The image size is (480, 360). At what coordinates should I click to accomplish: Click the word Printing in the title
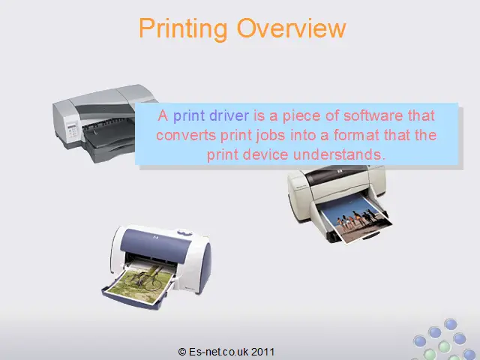click(x=183, y=29)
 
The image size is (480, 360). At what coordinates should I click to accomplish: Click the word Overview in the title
click(x=291, y=28)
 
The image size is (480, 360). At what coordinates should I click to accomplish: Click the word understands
click(x=338, y=154)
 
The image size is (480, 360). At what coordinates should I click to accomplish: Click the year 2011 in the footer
click(x=262, y=352)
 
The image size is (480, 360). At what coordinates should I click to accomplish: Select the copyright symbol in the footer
click(x=182, y=352)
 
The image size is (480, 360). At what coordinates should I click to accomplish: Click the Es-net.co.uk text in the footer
click(x=218, y=352)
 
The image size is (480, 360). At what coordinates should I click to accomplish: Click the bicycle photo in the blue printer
click(x=139, y=283)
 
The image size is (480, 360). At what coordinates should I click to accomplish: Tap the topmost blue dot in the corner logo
click(x=450, y=324)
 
